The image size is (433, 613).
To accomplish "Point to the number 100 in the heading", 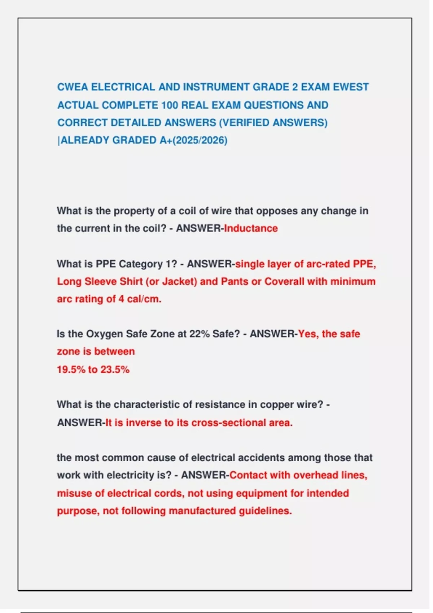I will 170,105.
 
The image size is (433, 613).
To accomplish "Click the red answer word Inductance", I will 251,228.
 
